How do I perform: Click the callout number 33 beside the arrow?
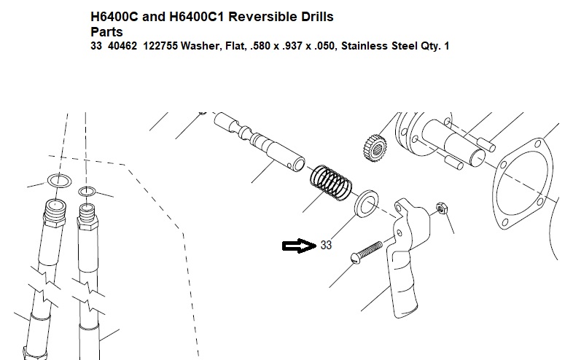pos(326,245)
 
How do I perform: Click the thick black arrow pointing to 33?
pos(299,246)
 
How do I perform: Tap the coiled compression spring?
pos(331,182)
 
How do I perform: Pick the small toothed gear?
pos(375,148)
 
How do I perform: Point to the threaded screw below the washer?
pos(367,252)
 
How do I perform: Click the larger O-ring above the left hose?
pos(60,180)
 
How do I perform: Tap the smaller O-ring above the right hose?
pos(87,192)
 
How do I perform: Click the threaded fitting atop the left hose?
pos(55,213)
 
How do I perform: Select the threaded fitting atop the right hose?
pos(87,217)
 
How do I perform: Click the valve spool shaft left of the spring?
pos(259,141)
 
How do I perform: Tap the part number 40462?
pos(122,46)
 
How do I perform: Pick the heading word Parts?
pos(106,32)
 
